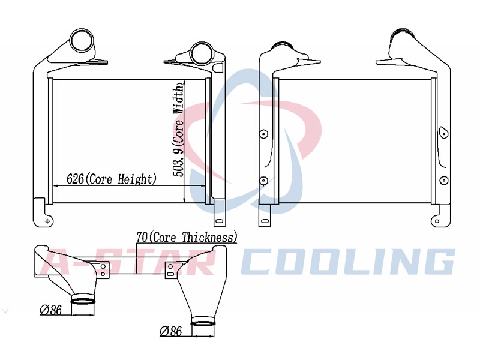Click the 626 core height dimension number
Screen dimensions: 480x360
75,179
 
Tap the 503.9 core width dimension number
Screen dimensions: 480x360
178,161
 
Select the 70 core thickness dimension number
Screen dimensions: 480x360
142,237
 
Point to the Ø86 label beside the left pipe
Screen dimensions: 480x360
51,310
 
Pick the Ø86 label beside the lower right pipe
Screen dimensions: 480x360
171,331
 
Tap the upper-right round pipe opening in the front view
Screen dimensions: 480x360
202,53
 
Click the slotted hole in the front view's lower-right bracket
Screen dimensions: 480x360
219,221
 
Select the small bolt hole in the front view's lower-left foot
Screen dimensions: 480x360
47,221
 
